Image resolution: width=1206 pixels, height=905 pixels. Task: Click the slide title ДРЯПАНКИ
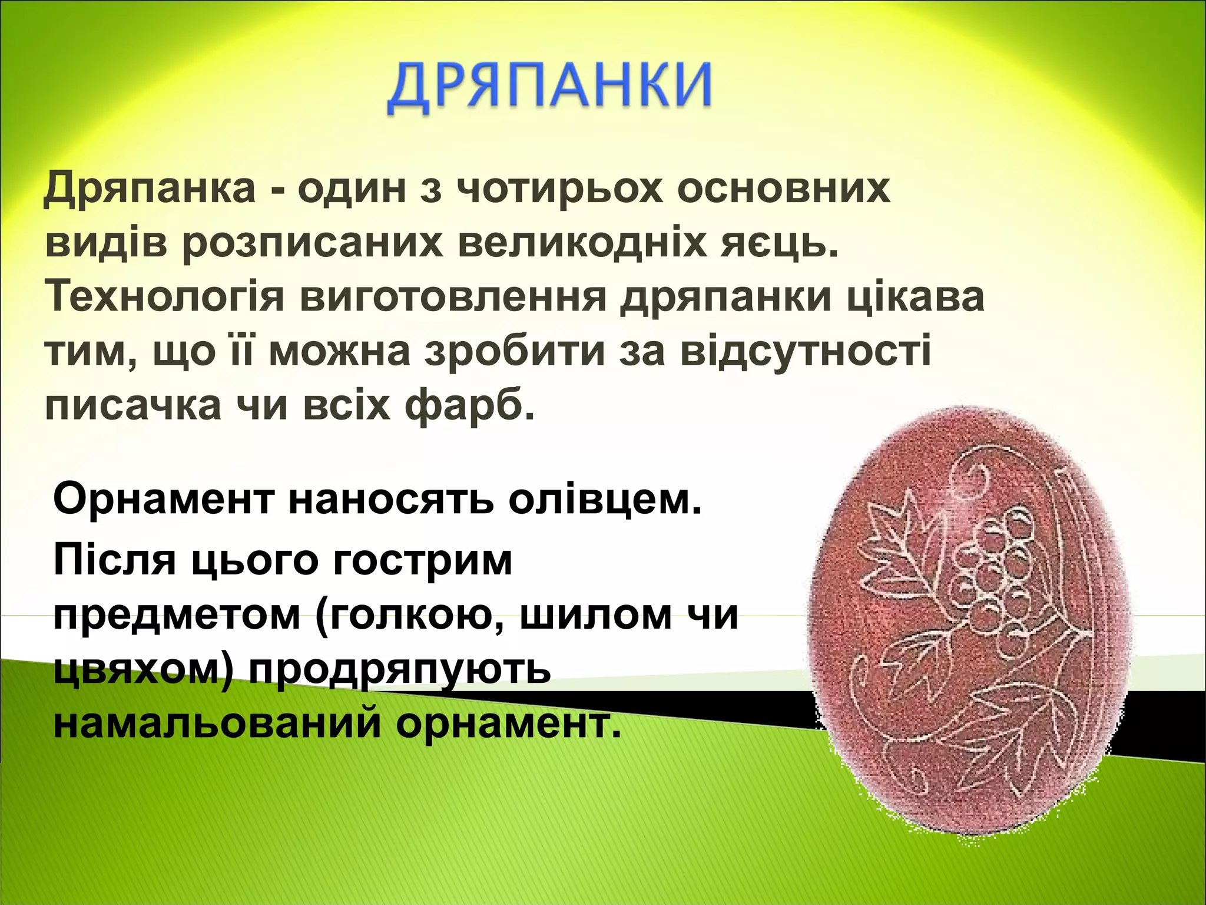(549, 88)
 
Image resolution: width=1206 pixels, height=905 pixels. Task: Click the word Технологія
(165, 297)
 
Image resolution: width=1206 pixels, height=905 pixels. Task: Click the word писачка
(133, 405)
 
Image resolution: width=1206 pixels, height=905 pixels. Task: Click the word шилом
(595, 615)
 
